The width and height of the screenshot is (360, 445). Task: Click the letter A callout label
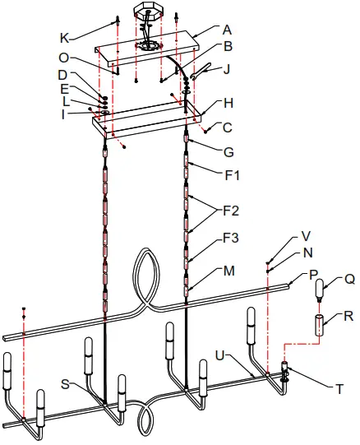tap(227, 30)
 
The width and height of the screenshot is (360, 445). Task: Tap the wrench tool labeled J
tap(201, 71)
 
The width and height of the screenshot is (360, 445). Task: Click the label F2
tap(231, 211)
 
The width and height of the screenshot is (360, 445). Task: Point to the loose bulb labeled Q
tap(321, 290)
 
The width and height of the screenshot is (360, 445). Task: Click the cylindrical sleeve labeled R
tap(321, 325)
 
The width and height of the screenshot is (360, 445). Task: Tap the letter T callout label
tap(339, 389)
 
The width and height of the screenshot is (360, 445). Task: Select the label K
tap(65, 38)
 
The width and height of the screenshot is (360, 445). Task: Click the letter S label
tap(65, 384)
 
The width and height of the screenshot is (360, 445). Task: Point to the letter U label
tap(220, 355)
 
